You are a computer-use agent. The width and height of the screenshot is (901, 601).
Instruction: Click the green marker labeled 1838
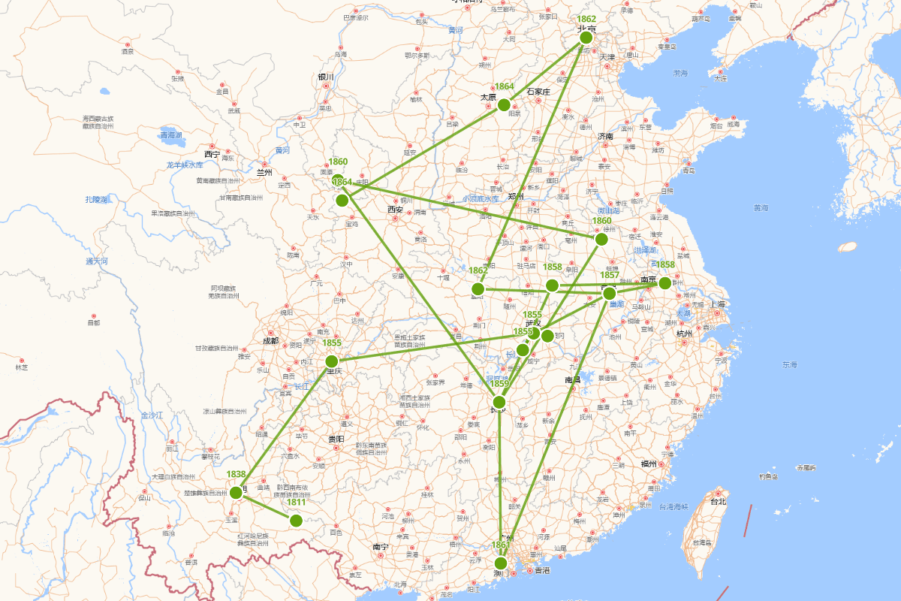pos(237,493)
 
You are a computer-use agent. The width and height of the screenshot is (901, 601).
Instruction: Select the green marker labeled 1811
pos(296,520)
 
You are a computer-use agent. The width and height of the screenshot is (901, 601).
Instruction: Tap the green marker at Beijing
pos(586,38)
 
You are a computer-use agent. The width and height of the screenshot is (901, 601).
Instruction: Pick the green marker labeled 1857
pos(609,292)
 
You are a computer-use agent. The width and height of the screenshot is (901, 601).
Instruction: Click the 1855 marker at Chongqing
pos(332,361)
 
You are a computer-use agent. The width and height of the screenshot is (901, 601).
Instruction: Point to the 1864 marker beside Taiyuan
pos(504,104)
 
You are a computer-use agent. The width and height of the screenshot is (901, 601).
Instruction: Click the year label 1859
pos(500,384)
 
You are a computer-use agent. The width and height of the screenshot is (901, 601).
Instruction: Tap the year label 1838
pos(237,474)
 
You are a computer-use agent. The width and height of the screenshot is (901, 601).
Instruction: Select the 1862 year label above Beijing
pos(586,19)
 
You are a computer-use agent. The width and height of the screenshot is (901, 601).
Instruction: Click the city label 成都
pos(270,340)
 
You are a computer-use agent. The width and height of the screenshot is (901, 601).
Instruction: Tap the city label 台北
pos(718,501)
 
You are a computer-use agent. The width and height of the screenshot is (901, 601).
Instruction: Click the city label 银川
pos(325,77)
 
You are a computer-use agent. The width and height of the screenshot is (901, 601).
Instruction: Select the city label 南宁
pos(380,546)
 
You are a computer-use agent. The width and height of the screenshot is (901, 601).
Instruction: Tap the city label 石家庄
pos(539,92)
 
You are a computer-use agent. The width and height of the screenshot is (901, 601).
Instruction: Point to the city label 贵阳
pos(336,438)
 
